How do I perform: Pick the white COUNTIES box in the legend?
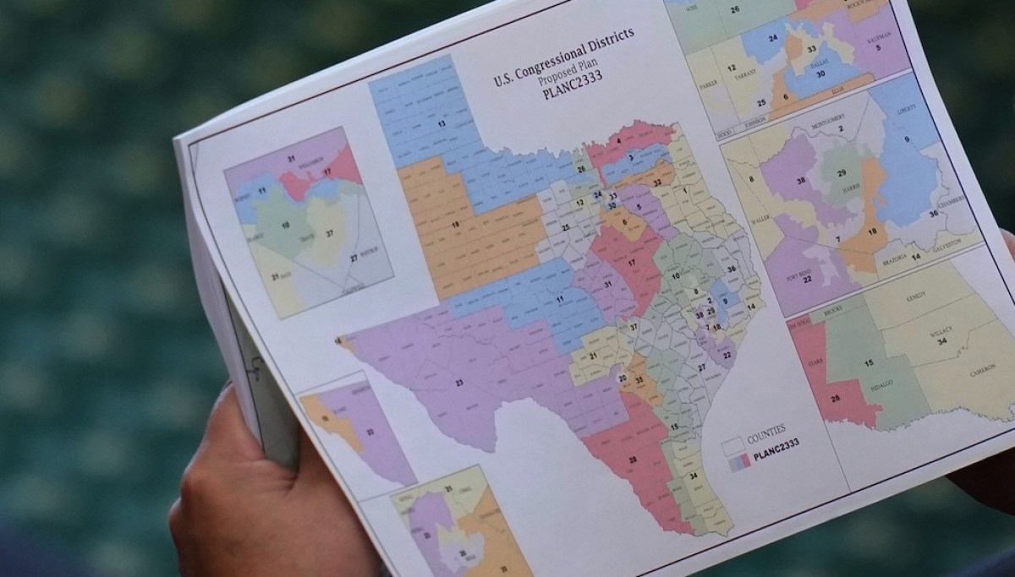(732, 443)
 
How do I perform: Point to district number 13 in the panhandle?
(440, 123)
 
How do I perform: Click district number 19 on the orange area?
(455, 225)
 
